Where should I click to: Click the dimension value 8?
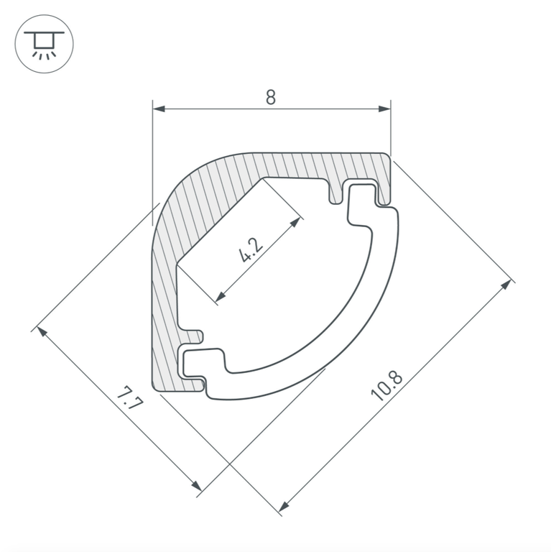coord(270,97)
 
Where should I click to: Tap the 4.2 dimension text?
coord(251,250)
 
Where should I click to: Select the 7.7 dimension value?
coord(129,397)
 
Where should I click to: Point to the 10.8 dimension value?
coord(386,386)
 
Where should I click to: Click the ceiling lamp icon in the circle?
coord(45,45)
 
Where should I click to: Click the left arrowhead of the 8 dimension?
coord(159,109)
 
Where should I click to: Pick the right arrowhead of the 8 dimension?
coord(384,109)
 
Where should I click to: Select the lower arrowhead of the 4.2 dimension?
coord(221,297)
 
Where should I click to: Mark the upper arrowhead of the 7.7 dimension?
coord(42,332)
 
